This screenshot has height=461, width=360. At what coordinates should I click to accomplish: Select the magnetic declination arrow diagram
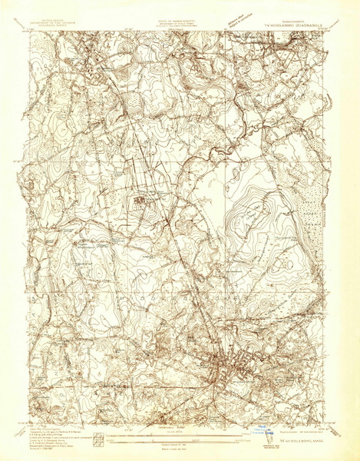(x=97, y=434)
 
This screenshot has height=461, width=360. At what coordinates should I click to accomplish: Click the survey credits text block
(x=48, y=426)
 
